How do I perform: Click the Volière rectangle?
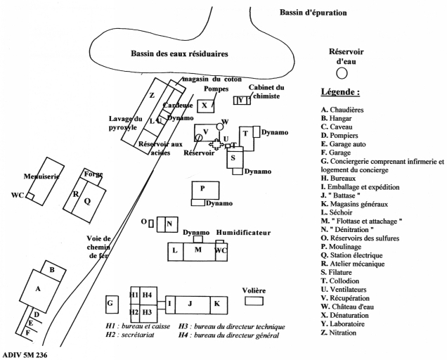pyautogui.click(x=254, y=301)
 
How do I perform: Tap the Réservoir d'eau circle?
pyautogui.click(x=342, y=72)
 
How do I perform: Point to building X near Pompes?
pyautogui.click(x=205, y=106)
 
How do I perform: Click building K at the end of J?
pyautogui.click(x=218, y=303)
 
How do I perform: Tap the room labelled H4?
pyautogui.click(x=147, y=294)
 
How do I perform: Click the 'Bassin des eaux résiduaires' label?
pyautogui.click(x=181, y=53)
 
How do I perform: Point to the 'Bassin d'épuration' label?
pyautogui.click(x=313, y=13)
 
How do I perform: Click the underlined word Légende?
pyautogui.click(x=341, y=93)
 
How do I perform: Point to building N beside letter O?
pyautogui.click(x=169, y=224)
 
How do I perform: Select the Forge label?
pyautogui.click(x=93, y=174)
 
